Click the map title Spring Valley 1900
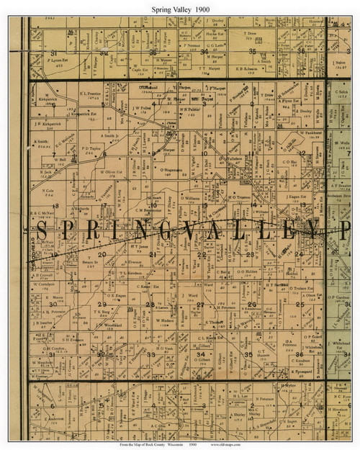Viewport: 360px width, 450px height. point(180,9)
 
